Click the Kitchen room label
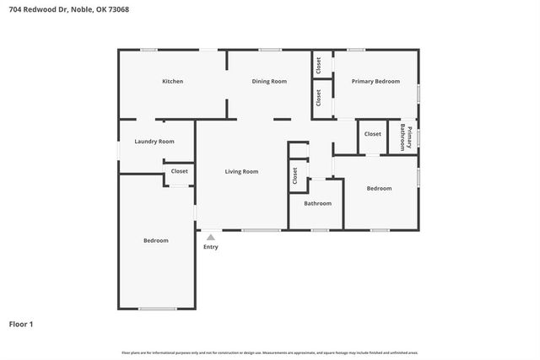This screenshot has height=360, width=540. (173, 82)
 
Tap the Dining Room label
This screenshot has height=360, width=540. (269, 82)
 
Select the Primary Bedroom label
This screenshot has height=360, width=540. (375, 82)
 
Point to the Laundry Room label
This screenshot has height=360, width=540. (154, 142)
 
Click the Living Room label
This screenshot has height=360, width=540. (241, 172)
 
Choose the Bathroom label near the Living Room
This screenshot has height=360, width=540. (317, 203)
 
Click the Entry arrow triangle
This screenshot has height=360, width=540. (210, 237)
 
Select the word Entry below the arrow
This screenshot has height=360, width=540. (210, 247)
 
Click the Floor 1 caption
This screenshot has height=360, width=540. (21, 324)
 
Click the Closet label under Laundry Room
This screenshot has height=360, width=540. (180, 171)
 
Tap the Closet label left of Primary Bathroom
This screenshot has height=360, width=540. (372, 134)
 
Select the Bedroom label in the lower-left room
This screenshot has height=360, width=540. (155, 241)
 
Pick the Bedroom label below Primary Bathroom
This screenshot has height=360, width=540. (379, 189)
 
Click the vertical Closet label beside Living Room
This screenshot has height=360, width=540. (295, 175)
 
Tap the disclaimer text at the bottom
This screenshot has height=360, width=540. (270, 352)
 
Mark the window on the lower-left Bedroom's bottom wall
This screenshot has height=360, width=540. (156, 309)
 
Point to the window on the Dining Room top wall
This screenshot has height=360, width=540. (270, 50)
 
